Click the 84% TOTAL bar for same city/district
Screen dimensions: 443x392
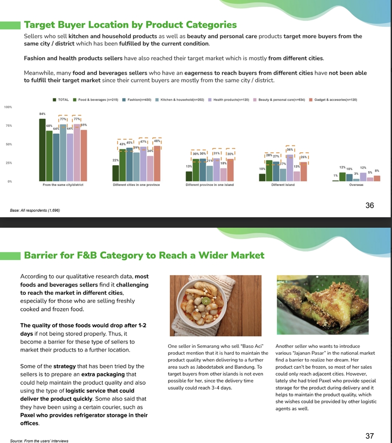42,150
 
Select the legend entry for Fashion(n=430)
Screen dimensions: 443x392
139,100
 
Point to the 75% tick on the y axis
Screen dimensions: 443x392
8,126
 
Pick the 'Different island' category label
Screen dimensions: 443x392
283,185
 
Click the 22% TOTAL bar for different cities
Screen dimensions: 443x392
116,173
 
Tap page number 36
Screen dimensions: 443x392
369,206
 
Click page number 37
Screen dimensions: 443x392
369,436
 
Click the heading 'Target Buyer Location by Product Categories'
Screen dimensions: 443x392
130,24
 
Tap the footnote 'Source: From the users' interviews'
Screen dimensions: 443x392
39,441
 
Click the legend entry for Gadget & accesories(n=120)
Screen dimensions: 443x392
335,100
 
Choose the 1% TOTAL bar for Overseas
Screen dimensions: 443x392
335,180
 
